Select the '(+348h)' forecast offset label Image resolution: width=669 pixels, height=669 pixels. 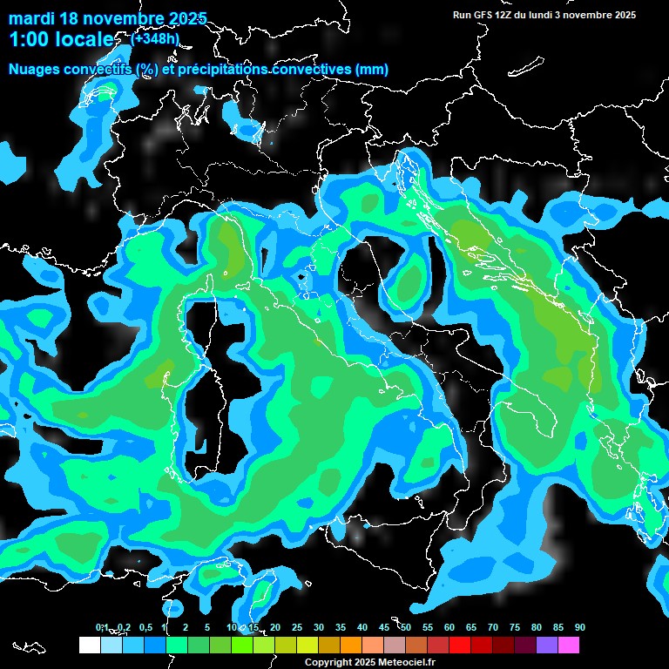[156, 38]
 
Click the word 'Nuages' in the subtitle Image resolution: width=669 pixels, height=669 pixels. [35, 69]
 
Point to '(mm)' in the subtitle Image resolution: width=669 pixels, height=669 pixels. [370, 69]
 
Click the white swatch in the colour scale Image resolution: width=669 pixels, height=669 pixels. [89, 645]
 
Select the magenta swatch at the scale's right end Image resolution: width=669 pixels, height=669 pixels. [569, 645]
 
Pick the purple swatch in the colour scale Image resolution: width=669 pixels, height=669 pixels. [547, 645]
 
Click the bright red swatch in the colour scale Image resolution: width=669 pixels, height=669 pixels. [460, 645]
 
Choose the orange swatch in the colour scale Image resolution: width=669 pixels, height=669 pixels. [350, 645]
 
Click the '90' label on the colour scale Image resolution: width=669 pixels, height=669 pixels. [580, 627]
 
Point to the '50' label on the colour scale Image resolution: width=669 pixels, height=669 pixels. [406, 627]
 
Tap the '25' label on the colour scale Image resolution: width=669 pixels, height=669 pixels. [297, 627]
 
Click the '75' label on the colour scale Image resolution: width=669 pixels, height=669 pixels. [515, 627]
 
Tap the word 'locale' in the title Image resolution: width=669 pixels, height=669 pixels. [85, 40]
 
